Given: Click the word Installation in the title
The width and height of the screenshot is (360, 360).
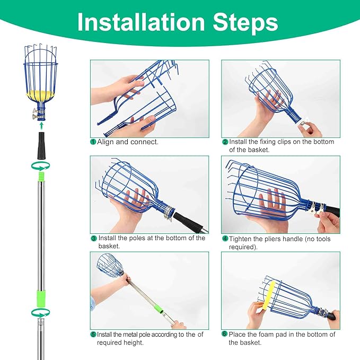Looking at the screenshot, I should click(141, 23).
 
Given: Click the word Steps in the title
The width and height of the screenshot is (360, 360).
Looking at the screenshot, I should click(242, 23).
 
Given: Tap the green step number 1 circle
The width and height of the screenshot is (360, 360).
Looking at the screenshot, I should click(93, 142).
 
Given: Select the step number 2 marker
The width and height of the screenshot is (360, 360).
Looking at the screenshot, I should click(225, 142).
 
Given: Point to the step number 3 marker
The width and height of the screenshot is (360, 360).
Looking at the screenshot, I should click(93, 239).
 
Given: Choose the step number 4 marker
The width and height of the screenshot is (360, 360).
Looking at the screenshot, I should click(225, 239).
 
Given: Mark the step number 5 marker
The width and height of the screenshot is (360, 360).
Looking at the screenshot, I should click(93, 335).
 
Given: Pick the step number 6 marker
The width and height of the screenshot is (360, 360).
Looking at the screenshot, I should click(225, 335).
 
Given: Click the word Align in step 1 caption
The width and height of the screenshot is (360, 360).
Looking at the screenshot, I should click(106, 142).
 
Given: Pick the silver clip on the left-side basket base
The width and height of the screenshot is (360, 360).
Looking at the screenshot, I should click(39, 112).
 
